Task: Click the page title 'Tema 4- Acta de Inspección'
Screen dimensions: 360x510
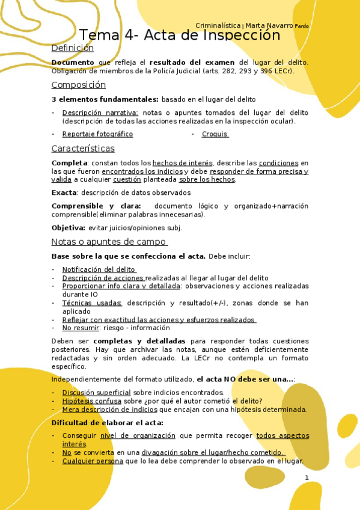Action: pyautogui.click(x=180, y=35)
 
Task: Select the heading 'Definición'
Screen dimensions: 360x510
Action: pyautogui.click(x=73, y=48)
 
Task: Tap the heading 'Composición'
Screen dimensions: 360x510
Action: pyautogui.click(x=78, y=85)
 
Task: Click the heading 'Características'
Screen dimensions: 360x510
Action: pyautogui.click(x=83, y=149)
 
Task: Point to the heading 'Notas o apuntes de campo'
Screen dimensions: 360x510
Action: pyautogui.click(x=109, y=242)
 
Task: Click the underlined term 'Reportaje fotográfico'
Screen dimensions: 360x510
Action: pyautogui.click(x=97, y=134)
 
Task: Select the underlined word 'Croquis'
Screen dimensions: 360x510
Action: pyautogui.click(x=215, y=134)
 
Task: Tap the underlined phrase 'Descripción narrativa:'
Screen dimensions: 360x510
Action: pyautogui.click(x=100, y=112)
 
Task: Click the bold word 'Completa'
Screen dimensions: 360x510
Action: pyautogui.click(x=69, y=163)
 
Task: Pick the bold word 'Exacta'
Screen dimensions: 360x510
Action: pyautogui.click(x=64, y=192)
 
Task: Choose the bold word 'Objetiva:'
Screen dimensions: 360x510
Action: pyautogui.click(x=69, y=228)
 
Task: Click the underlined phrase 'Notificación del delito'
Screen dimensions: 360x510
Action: pyautogui.click(x=99, y=270)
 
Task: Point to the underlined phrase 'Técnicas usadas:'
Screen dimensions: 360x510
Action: pyautogui.click(x=92, y=303)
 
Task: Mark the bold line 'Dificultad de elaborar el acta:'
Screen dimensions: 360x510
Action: pyautogui.click(x=107, y=423)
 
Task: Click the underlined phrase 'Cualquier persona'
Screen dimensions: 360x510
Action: pyautogui.click(x=93, y=461)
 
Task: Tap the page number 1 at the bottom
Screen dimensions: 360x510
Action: pyautogui.click(x=307, y=478)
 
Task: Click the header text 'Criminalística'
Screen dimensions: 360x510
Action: pyautogui.click(x=218, y=26)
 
